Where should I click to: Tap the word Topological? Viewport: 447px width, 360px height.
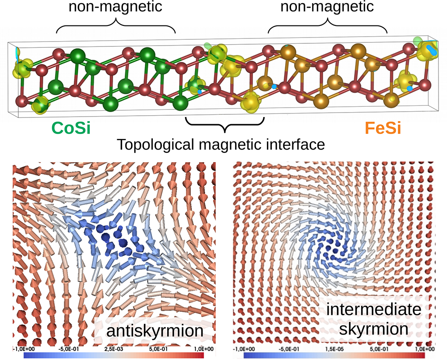pos(157,145)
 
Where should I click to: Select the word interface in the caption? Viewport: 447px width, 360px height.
pos(297,145)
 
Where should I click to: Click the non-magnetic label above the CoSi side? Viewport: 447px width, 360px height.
pos(116,8)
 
